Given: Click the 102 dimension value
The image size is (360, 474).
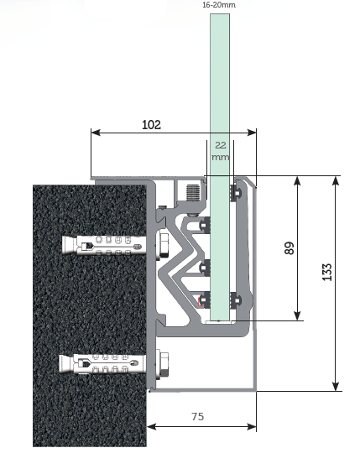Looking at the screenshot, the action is tap(151, 124).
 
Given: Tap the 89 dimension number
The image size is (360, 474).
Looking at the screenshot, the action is tap(290, 248).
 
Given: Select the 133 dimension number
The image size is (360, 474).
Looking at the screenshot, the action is tap(327, 272).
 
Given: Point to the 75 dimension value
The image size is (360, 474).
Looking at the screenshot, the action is tap(198, 417).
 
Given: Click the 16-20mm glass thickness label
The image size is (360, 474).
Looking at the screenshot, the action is tap(219, 5).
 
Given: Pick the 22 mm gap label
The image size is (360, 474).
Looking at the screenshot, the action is tap(221, 151).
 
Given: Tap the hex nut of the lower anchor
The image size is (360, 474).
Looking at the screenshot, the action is tap(163, 365).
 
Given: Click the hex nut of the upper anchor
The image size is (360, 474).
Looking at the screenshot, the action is tap(163, 245).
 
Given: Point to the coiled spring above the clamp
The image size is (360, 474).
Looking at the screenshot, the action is tap(193, 193).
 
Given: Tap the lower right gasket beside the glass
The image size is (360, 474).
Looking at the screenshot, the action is tap(235, 300).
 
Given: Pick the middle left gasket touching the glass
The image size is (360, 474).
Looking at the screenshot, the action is tap(205, 268).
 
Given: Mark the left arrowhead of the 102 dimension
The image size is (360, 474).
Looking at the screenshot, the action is tap(96, 133).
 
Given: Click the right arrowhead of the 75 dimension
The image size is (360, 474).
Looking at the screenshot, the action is tap(252, 427).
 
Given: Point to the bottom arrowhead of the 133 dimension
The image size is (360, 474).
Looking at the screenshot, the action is tap(335, 386).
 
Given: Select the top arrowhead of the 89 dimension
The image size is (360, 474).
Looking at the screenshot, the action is tap(297, 181).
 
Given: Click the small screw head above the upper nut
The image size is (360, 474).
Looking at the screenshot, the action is tap(163, 207).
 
